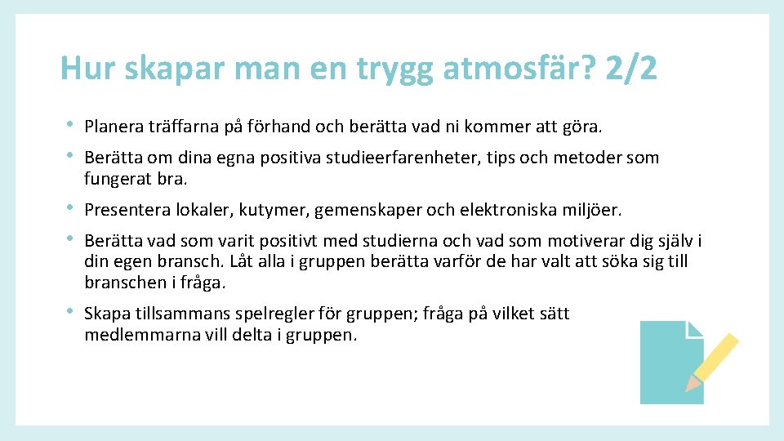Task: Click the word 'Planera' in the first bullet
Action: coord(114,127)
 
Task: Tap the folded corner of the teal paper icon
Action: coord(695,329)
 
